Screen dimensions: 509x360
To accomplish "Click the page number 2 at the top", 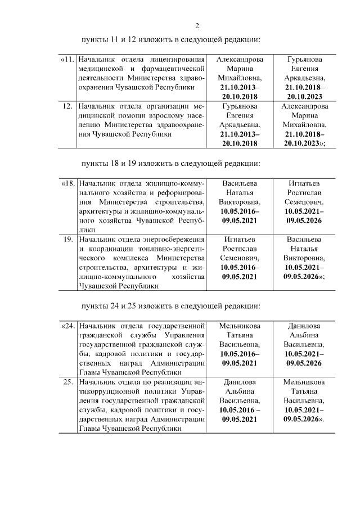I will pyautogui.click(x=197, y=25).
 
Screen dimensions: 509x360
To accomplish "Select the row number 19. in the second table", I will pyautogui.click(x=68, y=239).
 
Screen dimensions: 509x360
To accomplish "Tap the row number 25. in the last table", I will pyautogui.click(x=68, y=382).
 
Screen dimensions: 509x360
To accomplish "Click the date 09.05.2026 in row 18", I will pyautogui.click(x=304, y=220).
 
